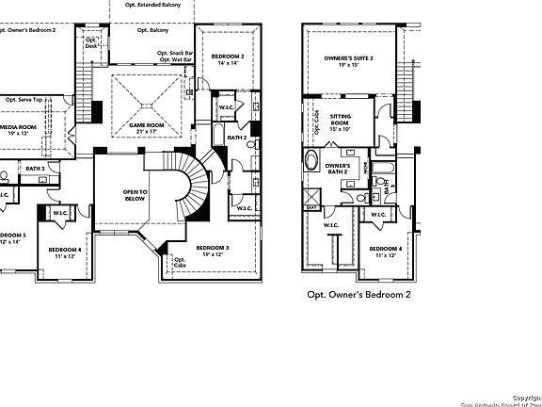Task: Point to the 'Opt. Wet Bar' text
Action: (175, 59)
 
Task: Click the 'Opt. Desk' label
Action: (91, 43)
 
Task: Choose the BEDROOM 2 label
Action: (228, 57)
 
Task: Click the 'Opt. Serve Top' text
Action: (25, 99)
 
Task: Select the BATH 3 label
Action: (36, 168)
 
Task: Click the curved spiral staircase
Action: (199, 184)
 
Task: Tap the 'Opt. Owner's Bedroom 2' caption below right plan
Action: (359, 294)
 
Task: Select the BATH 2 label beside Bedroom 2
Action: (238, 138)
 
